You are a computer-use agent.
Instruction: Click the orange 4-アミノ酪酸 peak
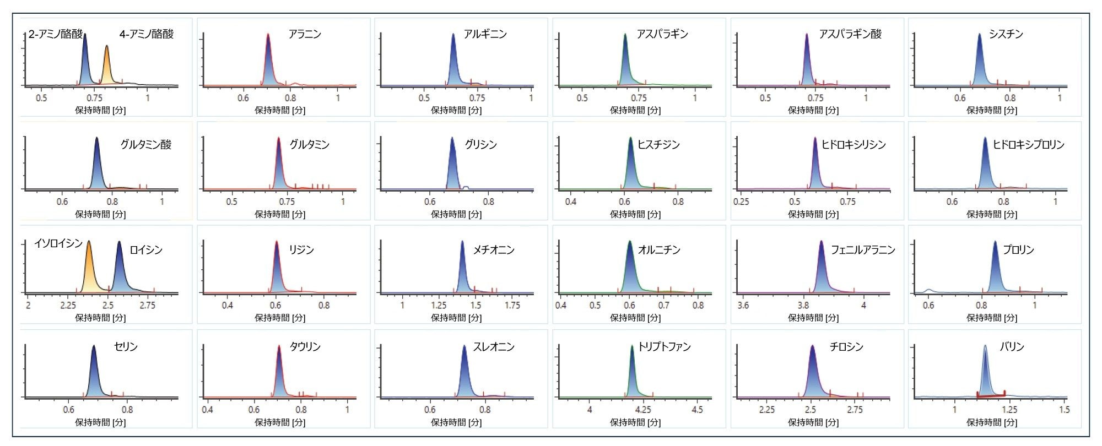(107, 66)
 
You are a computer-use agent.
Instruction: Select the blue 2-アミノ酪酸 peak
(85, 61)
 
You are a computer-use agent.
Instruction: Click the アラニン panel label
(305, 34)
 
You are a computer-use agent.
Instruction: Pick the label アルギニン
(485, 34)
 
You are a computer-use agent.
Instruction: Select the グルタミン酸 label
(146, 145)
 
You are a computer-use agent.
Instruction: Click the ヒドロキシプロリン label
(1028, 145)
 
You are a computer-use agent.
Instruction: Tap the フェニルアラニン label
(863, 250)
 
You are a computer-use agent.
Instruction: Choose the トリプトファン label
(664, 347)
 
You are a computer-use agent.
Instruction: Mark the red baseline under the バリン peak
(991, 395)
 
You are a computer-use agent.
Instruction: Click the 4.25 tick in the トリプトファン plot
(643, 410)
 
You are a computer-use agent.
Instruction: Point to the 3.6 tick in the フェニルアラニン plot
(743, 306)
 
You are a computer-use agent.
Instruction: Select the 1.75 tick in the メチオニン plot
(512, 306)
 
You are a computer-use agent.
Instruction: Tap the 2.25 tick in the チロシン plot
(766, 410)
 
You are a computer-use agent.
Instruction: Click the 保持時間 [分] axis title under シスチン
(991, 110)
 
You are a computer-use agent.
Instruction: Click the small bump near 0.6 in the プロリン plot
(929, 290)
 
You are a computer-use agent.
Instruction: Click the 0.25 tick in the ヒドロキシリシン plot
(741, 202)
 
